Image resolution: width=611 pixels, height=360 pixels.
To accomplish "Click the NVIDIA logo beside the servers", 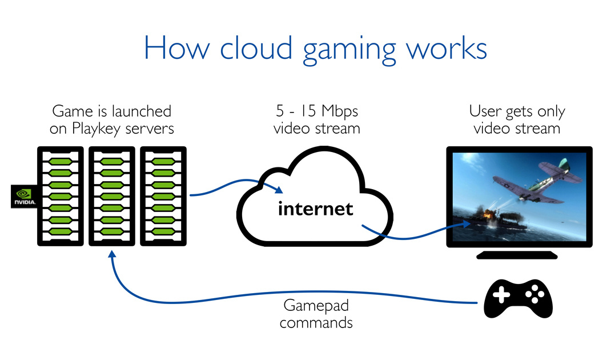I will (x=23, y=195).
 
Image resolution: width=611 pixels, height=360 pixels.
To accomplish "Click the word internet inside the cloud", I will (x=315, y=209).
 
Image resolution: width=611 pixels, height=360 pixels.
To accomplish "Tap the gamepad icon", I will (x=518, y=298).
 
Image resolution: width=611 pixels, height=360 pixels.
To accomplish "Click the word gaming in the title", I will (x=349, y=49).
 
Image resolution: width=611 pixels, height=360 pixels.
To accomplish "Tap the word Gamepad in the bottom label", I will (x=316, y=306).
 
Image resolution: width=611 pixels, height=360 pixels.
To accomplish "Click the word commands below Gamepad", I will (x=316, y=322).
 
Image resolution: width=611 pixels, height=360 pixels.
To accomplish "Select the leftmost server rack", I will (x=62, y=195).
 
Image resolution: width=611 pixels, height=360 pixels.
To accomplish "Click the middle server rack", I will (x=112, y=195).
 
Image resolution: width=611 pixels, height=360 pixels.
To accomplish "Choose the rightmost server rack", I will (x=163, y=195).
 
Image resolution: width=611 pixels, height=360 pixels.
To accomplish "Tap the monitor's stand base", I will (x=518, y=255).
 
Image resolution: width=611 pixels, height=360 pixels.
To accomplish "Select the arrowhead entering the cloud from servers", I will (x=279, y=191).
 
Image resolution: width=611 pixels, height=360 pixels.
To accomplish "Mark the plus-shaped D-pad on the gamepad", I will (x=501, y=295).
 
